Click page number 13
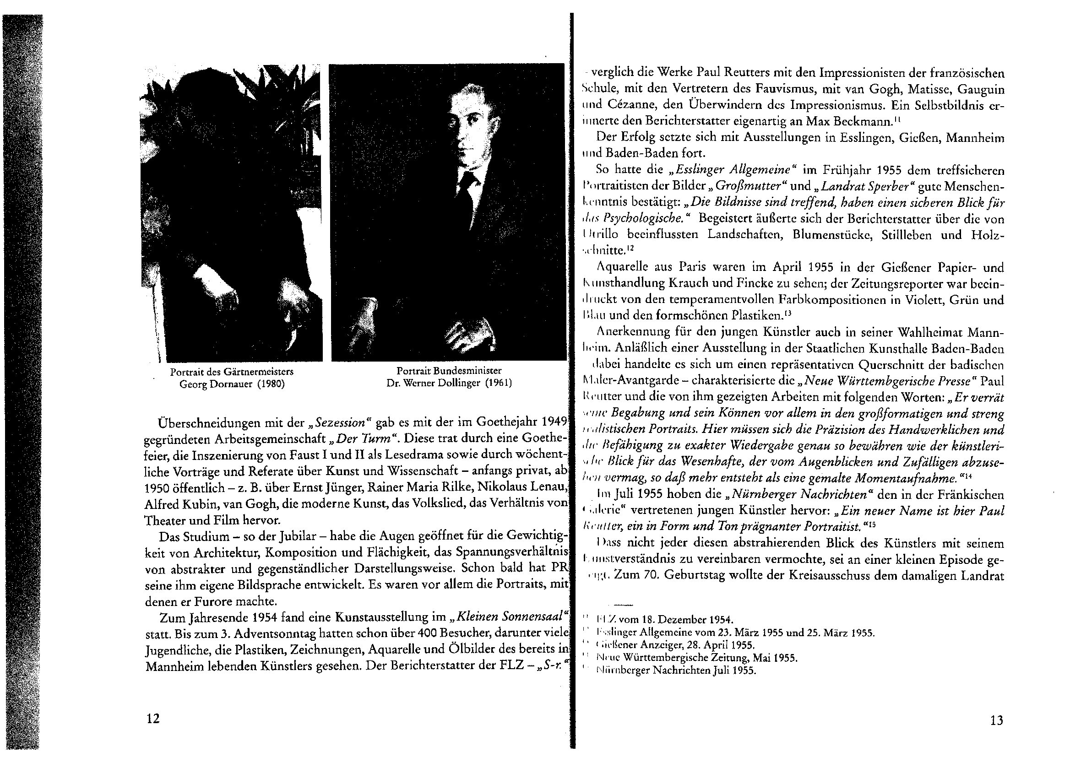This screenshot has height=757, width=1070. pyautogui.click(x=996, y=720)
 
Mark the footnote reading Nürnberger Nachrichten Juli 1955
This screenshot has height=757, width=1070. pyautogui.click(x=676, y=671)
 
